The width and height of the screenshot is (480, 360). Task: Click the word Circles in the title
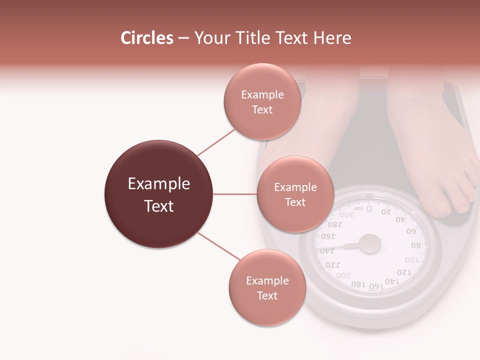pos(146,38)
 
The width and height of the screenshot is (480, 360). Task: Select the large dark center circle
pos(159,194)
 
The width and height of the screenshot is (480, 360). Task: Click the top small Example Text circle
pos(262,101)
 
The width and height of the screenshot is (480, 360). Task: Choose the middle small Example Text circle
pos(295,194)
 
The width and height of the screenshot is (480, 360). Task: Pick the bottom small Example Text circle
pos(267,287)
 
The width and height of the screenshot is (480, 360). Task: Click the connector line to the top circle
pos(215,142)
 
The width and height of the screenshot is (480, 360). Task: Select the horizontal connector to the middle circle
pos(234,194)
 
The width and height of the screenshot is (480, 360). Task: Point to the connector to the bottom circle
pos(218,247)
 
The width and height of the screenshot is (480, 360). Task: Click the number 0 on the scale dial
pos(369,208)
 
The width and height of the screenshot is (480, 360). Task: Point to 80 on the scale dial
pos(415,245)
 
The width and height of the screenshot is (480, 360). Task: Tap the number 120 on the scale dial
pos(404,272)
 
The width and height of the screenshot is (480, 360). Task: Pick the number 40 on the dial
pos(400,219)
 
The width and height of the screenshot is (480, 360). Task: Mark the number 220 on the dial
pos(332,264)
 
